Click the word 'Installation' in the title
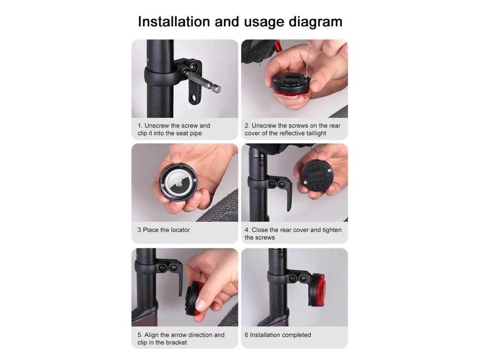click(173, 22)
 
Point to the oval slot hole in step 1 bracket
click(192, 98)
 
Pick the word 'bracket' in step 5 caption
click(176, 343)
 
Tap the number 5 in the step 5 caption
click(140, 335)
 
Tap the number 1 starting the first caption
click(140, 126)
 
